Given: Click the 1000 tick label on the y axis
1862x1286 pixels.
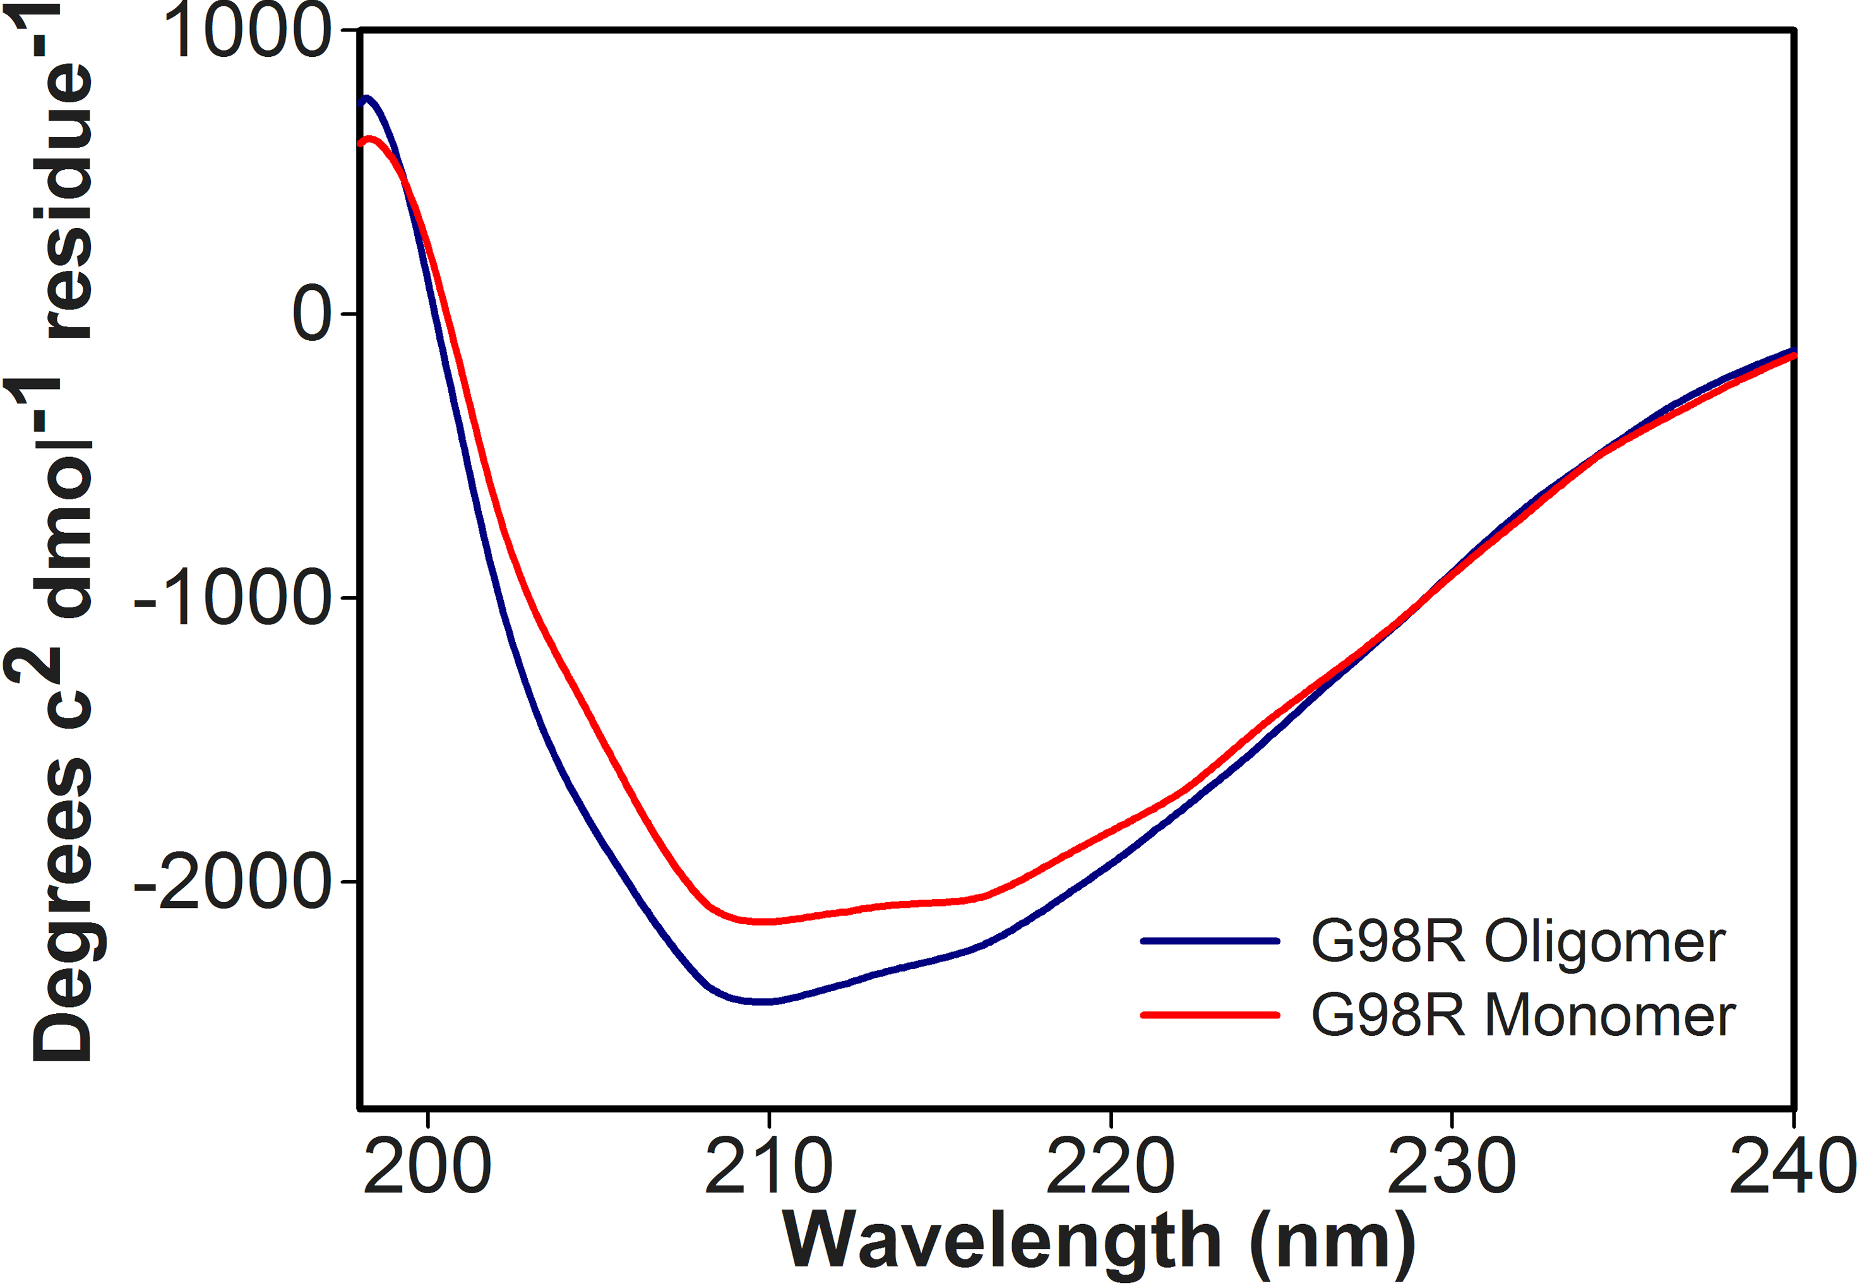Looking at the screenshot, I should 246,32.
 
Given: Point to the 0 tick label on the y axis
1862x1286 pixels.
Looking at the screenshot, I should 312,314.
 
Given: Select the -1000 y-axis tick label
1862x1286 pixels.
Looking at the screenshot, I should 233,598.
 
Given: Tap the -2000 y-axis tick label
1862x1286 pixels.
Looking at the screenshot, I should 233,883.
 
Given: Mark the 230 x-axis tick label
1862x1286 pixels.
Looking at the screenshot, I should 1452,1167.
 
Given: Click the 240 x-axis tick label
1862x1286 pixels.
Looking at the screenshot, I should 1794,1167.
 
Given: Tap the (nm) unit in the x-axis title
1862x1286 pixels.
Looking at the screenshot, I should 1333,1243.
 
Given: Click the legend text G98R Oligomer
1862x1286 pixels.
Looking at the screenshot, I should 1518,941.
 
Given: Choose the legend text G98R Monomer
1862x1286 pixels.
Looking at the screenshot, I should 1523,1015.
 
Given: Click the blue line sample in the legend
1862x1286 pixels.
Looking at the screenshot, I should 1210,940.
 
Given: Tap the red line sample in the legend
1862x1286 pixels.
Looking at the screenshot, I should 1210,1015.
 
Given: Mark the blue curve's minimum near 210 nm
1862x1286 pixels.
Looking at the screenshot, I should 762,1001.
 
